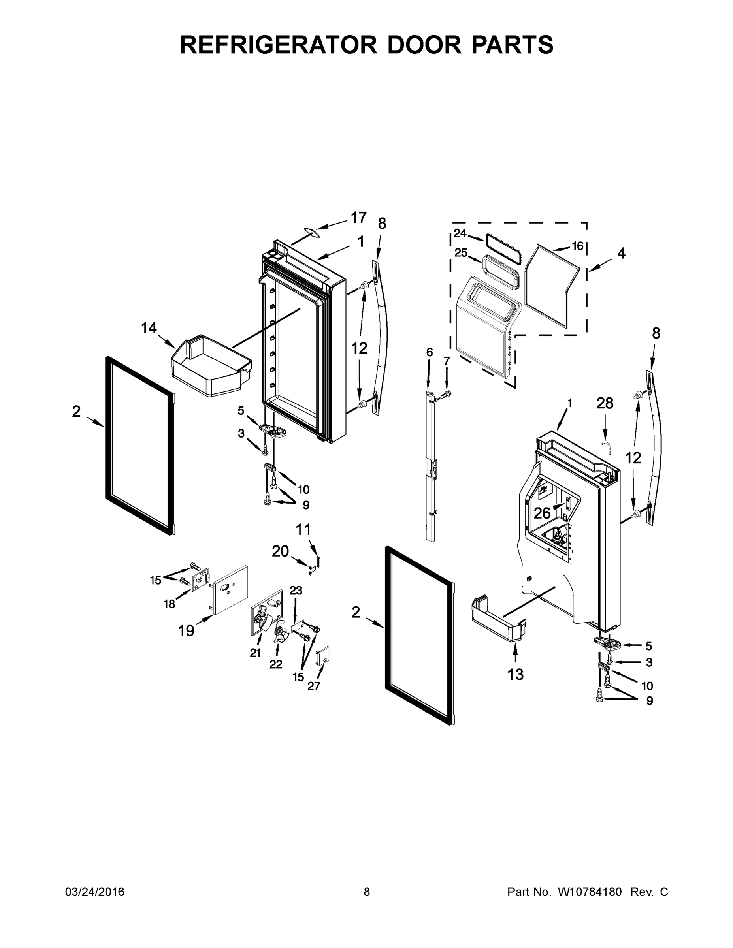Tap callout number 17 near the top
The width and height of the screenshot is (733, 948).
coord(359,218)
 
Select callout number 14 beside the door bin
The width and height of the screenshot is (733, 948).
coord(149,328)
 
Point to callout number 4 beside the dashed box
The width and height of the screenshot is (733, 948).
coord(622,254)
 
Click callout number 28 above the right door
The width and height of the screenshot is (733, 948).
coord(605,404)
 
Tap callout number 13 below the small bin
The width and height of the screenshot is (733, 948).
coord(515,674)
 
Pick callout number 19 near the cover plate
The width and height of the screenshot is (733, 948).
coord(186,630)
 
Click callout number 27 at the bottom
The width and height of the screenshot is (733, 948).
coord(313,686)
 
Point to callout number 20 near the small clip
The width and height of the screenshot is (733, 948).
coord(280,551)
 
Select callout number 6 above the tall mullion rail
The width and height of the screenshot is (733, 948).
coord(429,352)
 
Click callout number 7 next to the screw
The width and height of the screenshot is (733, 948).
coord(447,361)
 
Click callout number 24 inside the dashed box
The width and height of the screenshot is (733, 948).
coord(460,233)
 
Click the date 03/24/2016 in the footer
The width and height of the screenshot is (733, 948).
coord(95,892)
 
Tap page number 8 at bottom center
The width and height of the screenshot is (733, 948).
coord(367,892)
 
